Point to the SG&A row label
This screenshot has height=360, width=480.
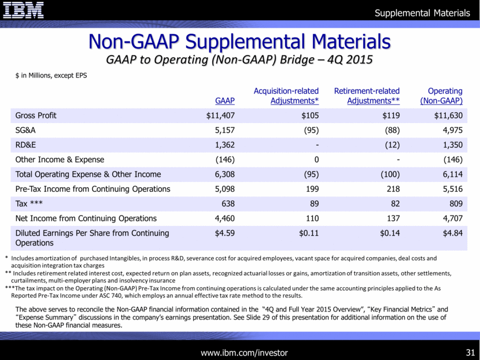coord(27,129)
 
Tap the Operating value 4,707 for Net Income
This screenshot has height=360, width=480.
coord(451,218)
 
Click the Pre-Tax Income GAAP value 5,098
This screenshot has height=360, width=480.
coord(223,189)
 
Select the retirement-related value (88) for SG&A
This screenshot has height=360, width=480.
coord(388,129)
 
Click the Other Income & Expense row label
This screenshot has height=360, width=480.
coord(60,159)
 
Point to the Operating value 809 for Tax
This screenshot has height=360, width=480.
coord(455,203)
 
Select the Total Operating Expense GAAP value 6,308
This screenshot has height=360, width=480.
coord(223,174)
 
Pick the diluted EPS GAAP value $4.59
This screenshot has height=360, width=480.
coord(223,233)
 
